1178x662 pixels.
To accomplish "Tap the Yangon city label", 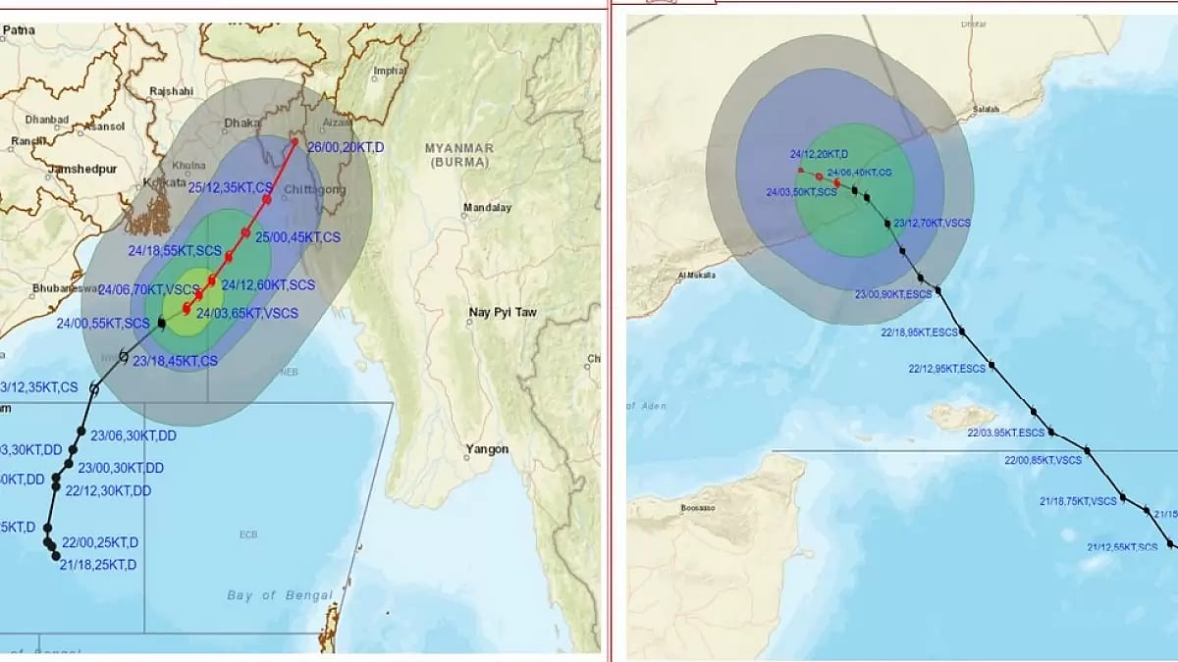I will [488, 450].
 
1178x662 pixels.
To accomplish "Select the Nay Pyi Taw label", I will [503, 312].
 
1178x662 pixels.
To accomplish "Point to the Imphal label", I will [391, 71].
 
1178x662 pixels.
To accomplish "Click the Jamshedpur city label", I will [82, 169].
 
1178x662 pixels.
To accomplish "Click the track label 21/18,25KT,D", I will [98, 565].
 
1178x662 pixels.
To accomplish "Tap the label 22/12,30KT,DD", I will [108, 490].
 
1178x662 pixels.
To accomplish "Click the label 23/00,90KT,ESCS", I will [893, 294].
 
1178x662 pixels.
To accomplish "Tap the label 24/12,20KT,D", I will [819, 154].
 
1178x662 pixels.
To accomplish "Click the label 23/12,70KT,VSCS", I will [932, 223].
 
